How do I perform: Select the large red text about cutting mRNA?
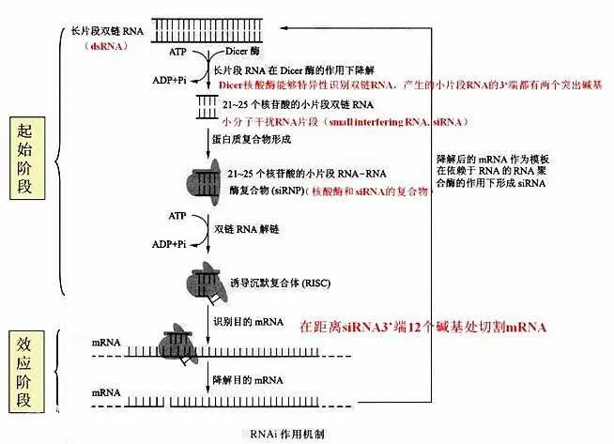(x=422, y=328)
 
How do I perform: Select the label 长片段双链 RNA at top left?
(x=105, y=31)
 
